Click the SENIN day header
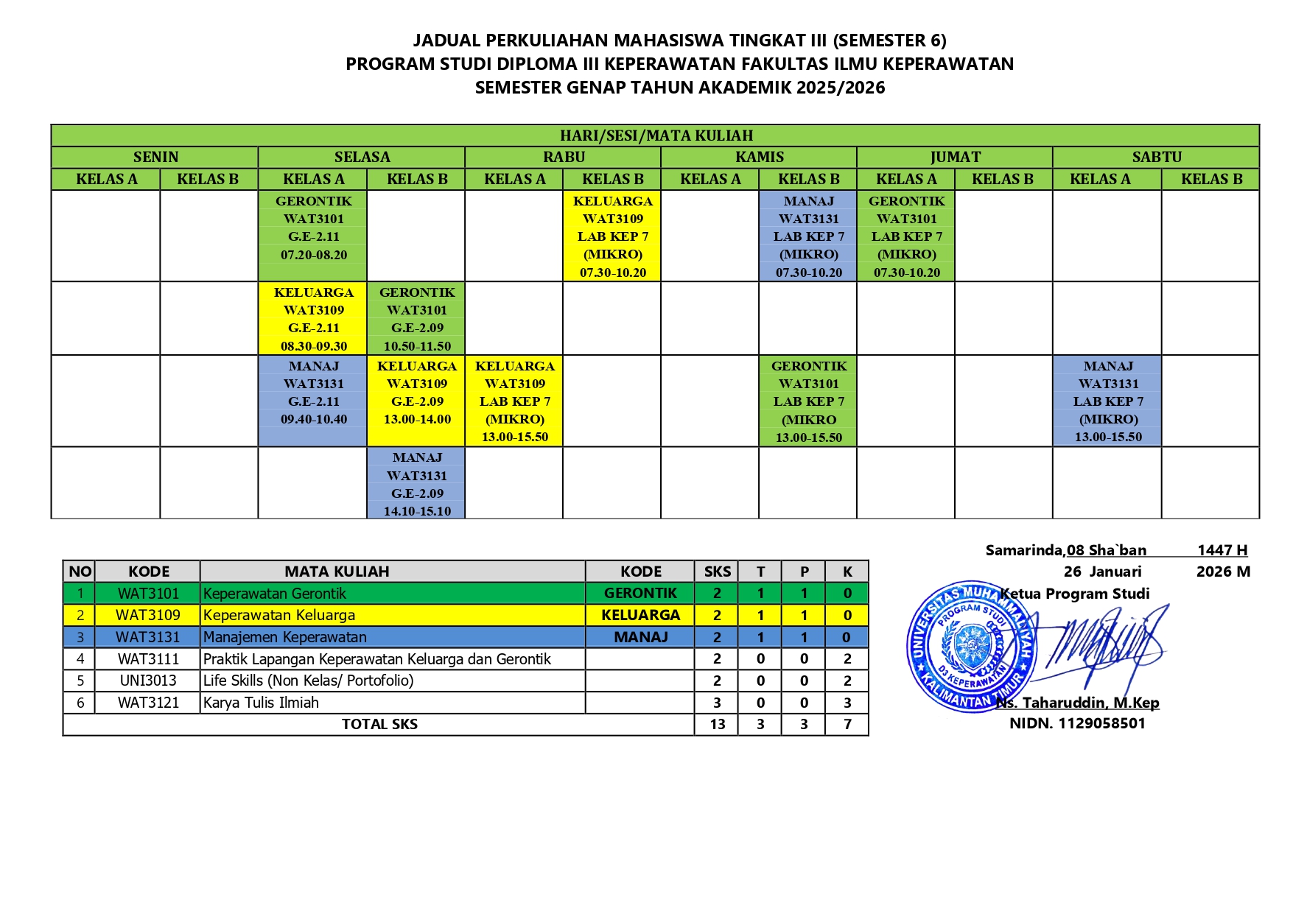click(x=155, y=157)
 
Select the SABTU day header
click(x=1156, y=157)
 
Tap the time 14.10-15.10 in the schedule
click(x=417, y=511)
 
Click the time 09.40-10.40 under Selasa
click(x=314, y=419)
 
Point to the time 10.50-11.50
click(x=417, y=346)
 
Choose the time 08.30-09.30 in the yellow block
click(x=314, y=346)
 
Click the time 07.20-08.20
click(x=314, y=255)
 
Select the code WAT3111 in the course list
click(x=148, y=659)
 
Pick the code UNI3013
click(x=148, y=681)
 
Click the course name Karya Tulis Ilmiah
click(x=261, y=703)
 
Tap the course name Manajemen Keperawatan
click(x=284, y=637)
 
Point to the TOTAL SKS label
click(x=379, y=724)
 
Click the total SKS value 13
click(x=717, y=724)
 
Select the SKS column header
click(x=717, y=572)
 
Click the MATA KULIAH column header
click(x=337, y=572)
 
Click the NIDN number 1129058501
click(x=1077, y=723)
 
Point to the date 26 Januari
click(x=1102, y=572)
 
